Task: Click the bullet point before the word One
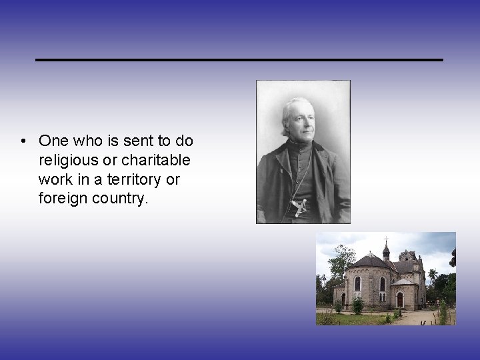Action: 23,141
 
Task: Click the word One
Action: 51,141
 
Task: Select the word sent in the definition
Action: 122,141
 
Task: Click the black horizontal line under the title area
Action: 239,60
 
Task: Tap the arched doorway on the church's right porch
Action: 400,299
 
